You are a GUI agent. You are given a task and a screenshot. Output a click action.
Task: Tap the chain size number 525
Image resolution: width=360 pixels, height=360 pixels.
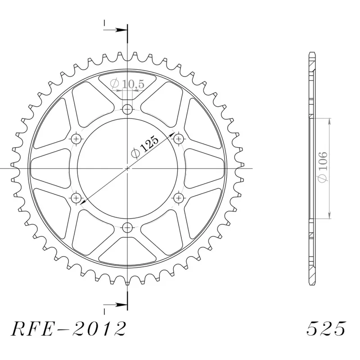[x=326, y=329]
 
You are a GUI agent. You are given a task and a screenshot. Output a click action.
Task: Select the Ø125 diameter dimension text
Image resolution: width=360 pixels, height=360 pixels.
[x=145, y=147]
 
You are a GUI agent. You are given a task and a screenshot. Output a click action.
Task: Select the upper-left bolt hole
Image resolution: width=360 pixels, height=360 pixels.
[x=76, y=138]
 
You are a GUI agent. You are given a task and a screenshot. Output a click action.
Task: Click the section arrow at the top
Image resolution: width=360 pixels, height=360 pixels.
[x=120, y=30]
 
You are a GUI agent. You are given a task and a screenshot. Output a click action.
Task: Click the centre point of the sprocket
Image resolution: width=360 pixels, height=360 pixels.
[x=128, y=168]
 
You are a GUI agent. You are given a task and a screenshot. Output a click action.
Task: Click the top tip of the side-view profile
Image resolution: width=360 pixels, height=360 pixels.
[x=311, y=53]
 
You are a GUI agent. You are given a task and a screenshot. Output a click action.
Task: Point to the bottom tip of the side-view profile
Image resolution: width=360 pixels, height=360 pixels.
[x=311, y=283]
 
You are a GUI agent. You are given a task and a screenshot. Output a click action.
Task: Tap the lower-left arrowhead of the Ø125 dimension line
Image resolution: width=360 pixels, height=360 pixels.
[x=83, y=204]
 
